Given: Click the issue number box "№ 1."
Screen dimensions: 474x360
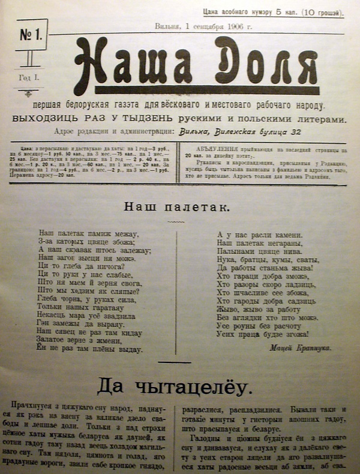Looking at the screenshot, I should click(x=32, y=34).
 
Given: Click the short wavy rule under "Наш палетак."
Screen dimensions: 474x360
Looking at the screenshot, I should click(x=175, y=221).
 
